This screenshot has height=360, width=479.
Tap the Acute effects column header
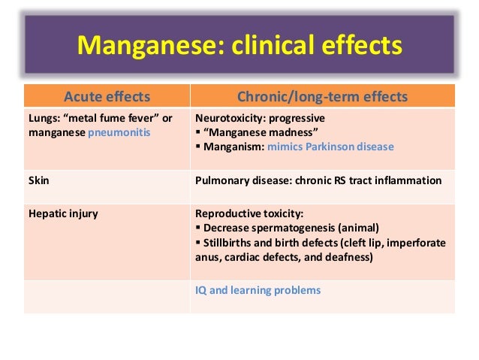107,96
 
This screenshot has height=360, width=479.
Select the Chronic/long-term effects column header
322,96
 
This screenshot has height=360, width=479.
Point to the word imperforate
414,242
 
